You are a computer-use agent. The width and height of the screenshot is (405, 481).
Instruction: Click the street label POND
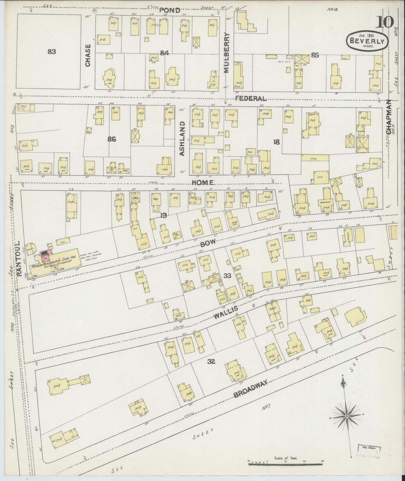(170, 10)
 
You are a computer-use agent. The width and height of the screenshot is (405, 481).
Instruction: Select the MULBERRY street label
(227, 52)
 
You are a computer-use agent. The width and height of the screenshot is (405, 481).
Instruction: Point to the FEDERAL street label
(250, 98)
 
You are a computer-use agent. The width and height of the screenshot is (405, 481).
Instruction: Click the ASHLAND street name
(182, 138)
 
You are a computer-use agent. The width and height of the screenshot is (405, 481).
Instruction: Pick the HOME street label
(203, 182)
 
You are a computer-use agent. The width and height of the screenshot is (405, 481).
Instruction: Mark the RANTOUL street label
(19, 258)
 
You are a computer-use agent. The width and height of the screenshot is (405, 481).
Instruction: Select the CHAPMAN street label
(388, 117)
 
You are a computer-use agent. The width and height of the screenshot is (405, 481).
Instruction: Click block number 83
(52, 52)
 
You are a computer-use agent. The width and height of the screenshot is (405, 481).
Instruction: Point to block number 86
(112, 139)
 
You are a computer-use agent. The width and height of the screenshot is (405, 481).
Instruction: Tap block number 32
(211, 362)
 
